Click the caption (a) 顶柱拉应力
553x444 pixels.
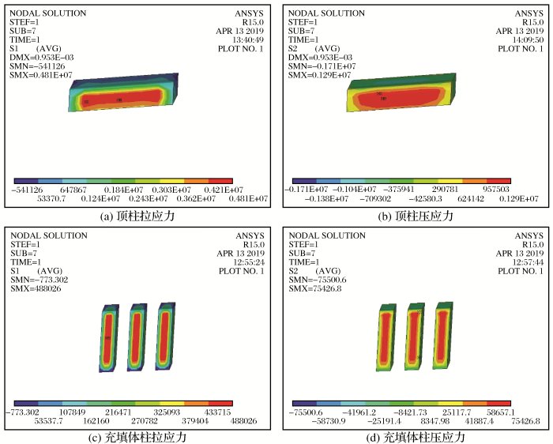tap(137, 216)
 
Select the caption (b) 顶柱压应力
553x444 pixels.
tap(416, 216)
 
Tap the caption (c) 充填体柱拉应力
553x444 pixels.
tap(137, 438)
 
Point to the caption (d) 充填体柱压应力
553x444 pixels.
tap(416, 438)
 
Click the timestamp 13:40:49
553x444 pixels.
tap(248, 40)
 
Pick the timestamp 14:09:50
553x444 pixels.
tap(528, 40)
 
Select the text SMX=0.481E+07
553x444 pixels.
tap(41, 75)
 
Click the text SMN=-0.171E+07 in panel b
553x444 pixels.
tap(322, 66)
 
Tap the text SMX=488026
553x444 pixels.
tap(36, 289)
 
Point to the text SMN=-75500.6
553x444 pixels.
tap(318, 280)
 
